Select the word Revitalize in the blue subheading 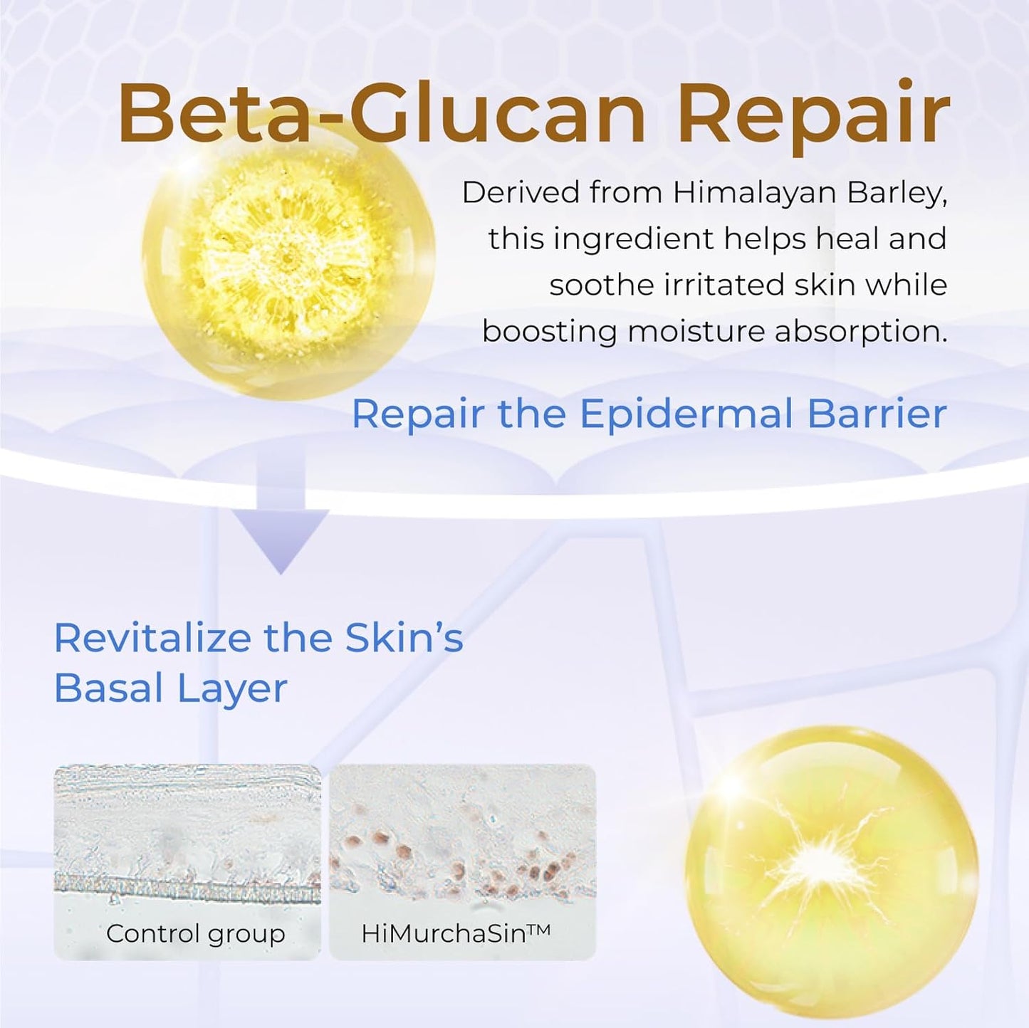[x=153, y=638]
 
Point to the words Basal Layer [x=171, y=688]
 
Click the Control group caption [x=195, y=933]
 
